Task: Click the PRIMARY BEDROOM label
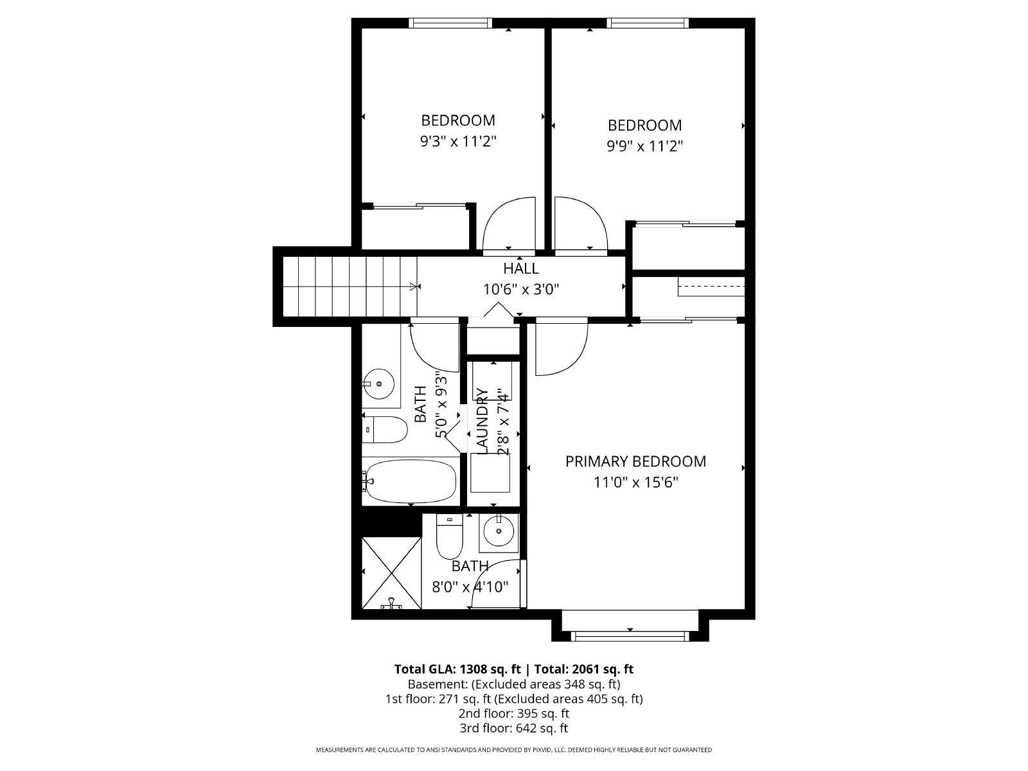point(635,461)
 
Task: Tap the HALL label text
point(520,269)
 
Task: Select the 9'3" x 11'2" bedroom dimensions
point(457,141)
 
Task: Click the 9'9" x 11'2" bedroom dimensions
point(644,146)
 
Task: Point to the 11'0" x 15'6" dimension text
point(635,482)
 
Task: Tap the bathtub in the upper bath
point(409,482)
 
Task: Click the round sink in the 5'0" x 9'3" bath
point(379,384)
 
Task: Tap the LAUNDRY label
point(483,421)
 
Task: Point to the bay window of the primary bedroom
point(630,635)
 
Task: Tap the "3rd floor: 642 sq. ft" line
point(513,728)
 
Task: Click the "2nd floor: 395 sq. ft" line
point(513,713)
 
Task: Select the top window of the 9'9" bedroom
point(648,24)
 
